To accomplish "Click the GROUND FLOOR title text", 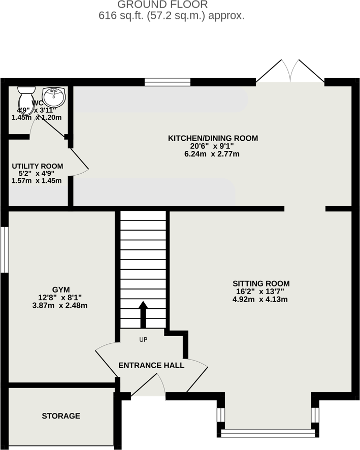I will [162, 5].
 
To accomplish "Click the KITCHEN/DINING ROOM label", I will [213, 138].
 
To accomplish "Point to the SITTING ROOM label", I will [261, 283].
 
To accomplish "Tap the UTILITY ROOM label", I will [38, 166].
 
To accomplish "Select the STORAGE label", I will [61, 416].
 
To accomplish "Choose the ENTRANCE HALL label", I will [151, 365].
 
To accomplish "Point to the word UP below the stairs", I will [143, 339].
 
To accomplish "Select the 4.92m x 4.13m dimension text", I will [261, 300].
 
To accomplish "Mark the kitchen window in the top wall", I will [168, 81].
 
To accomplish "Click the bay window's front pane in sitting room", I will [268, 433].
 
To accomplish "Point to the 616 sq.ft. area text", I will [172, 16].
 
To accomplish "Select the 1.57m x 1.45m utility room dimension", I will [37, 181].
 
